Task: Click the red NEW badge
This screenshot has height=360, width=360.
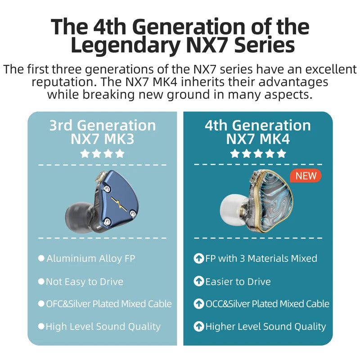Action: [x=306, y=175]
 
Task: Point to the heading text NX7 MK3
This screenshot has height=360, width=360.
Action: [x=102, y=139]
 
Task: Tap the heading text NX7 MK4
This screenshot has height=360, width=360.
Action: [x=258, y=139]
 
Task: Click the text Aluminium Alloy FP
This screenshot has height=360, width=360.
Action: [x=90, y=258]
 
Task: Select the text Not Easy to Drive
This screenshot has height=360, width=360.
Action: [x=85, y=282]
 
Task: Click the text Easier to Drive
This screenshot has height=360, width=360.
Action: [x=238, y=282]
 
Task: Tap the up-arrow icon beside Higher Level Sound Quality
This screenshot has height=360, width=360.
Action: [x=198, y=326]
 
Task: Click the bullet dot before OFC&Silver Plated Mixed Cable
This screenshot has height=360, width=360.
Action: [x=41, y=304]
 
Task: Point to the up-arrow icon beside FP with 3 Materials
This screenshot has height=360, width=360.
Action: [x=198, y=258]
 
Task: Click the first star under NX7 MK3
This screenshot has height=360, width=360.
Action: [x=85, y=153]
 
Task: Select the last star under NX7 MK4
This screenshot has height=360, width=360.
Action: [x=281, y=153]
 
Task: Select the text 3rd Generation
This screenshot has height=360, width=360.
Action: [x=102, y=125]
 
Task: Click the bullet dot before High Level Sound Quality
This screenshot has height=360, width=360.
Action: [x=41, y=326]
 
